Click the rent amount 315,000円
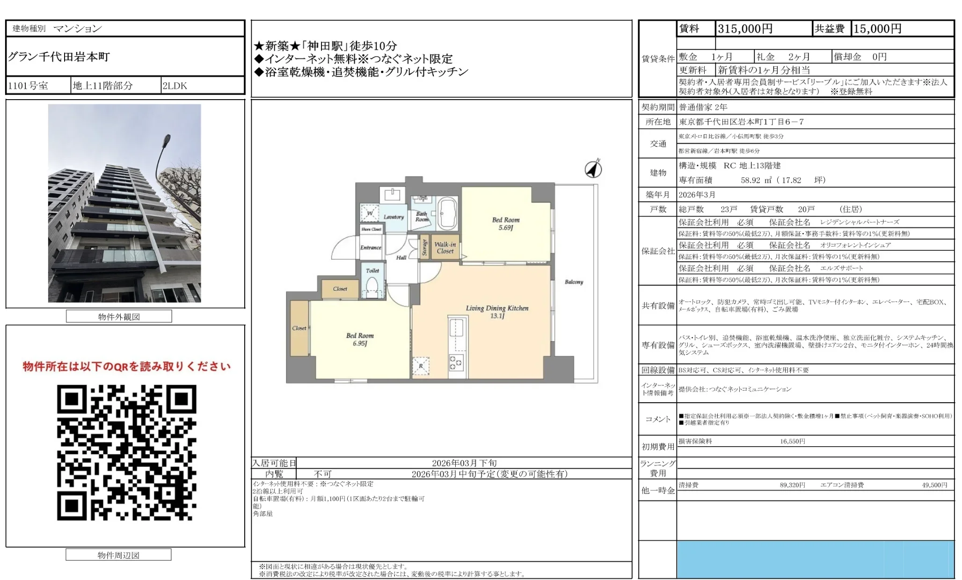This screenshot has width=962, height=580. [x=745, y=29]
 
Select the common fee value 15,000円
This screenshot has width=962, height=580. [x=877, y=29]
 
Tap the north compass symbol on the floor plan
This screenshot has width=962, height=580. [x=593, y=169]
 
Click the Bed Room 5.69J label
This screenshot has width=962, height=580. [x=505, y=224]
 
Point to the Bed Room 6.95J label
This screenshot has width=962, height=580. [x=360, y=339]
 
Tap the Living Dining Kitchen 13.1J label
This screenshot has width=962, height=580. [x=497, y=312]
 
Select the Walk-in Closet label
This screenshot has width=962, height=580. [x=445, y=247]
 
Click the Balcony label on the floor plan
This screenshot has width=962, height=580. [x=574, y=282]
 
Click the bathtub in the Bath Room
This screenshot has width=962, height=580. [x=447, y=213]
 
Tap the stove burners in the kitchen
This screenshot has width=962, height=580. [x=456, y=362]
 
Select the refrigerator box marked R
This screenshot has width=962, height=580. [x=421, y=366]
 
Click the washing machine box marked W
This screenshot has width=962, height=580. [x=370, y=213]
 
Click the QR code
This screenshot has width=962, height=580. [x=126, y=452]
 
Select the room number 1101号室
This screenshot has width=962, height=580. [x=28, y=86]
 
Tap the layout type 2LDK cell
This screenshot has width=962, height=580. [x=175, y=86]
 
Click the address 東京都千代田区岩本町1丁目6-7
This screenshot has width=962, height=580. [x=741, y=122]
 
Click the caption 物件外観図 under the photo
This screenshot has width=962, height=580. [x=119, y=317]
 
